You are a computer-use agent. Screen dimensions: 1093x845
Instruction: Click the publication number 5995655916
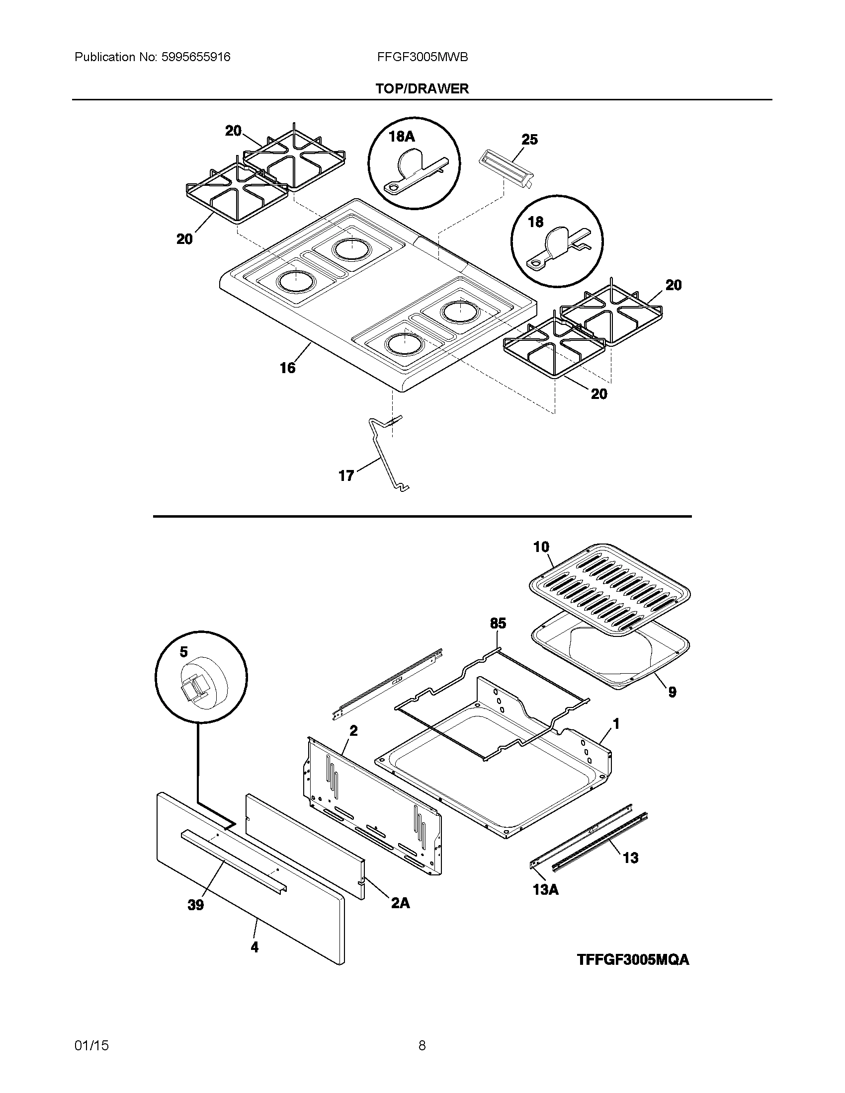coord(195,57)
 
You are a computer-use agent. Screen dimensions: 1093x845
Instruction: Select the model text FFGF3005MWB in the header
coord(422,57)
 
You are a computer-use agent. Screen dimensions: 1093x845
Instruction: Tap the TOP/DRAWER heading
coord(422,88)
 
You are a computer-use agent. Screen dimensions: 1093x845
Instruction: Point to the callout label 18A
coord(402,136)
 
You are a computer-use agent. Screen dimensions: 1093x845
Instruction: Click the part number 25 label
coord(529,139)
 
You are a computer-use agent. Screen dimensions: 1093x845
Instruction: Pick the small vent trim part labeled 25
coord(506,169)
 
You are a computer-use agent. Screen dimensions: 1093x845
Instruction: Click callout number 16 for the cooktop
coord(287,368)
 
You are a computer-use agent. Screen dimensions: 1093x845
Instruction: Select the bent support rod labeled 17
coord(386,453)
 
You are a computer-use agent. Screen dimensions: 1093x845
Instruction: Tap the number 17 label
coord(346,475)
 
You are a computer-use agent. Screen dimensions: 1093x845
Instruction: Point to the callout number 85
coord(498,623)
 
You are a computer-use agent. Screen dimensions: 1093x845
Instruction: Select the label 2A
coord(400,902)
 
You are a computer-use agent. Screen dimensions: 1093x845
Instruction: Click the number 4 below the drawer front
coord(254,947)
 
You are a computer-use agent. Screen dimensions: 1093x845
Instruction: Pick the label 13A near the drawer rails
coord(546,889)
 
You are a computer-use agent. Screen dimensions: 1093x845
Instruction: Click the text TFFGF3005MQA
coord(633,959)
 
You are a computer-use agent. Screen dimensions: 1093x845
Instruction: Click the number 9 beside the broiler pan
coord(672,692)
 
